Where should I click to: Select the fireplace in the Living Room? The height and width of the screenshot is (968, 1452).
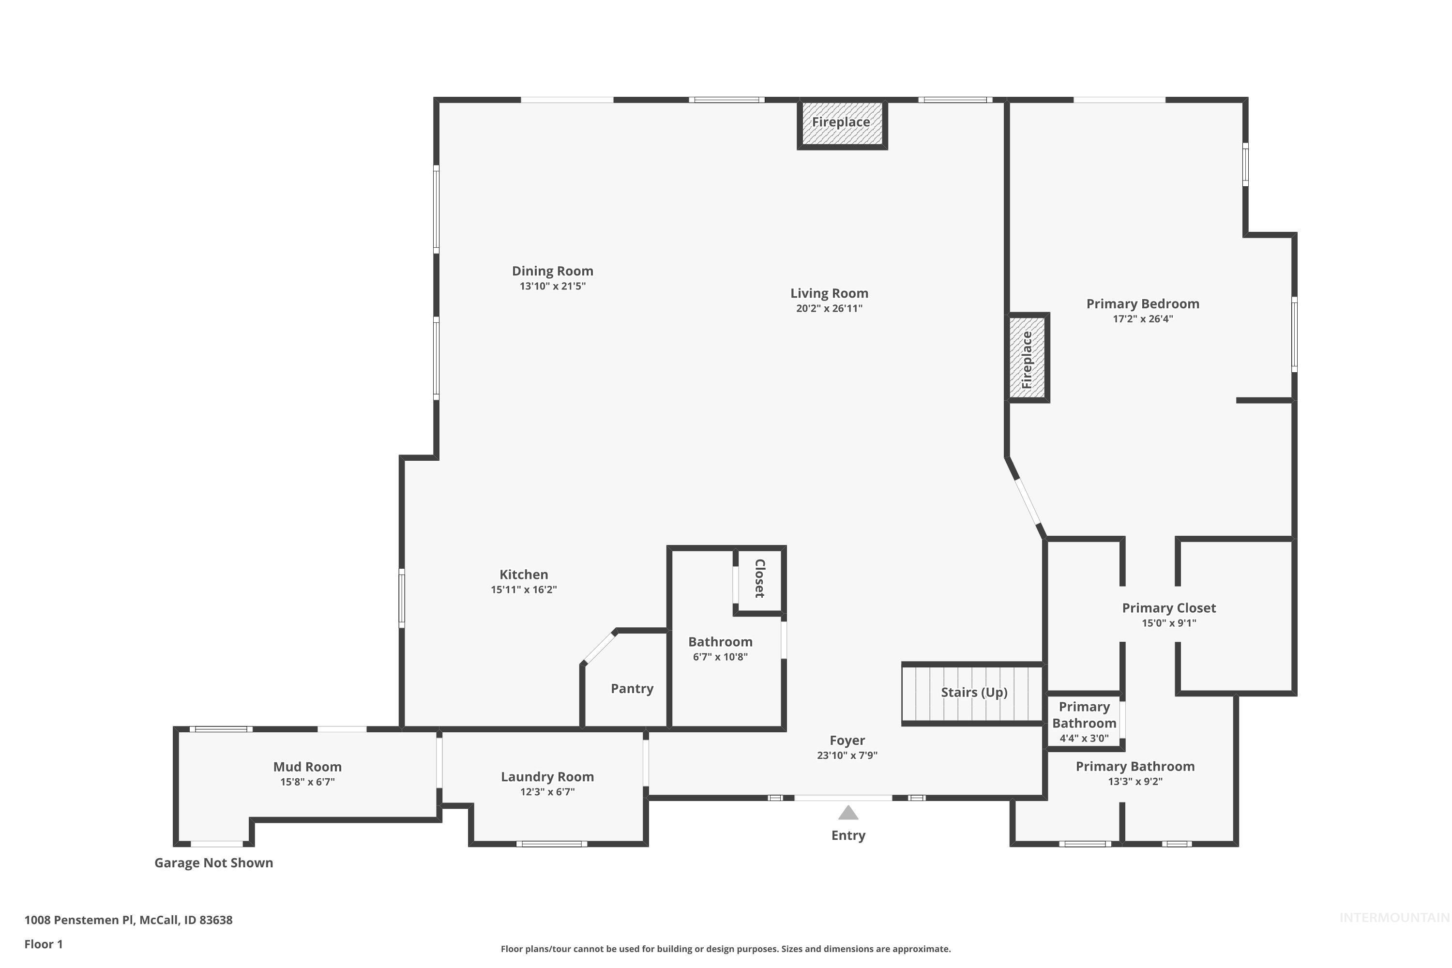click(842, 123)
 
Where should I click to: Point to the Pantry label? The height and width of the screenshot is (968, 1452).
click(632, 688)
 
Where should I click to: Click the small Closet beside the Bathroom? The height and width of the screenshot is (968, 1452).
click(759, 578)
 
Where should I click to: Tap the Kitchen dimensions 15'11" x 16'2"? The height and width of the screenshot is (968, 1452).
click(524, 590)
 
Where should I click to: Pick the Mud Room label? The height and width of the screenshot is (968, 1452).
click(307, 766)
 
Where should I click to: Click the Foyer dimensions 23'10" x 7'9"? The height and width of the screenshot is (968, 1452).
click(847, 755)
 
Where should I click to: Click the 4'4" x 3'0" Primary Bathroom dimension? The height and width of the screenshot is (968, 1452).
click(1084, 739)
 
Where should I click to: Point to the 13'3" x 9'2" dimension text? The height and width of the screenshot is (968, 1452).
click(1134, 782)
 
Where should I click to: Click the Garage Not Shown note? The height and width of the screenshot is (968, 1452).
click(213, 862)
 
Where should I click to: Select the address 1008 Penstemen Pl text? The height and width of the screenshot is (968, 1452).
click(128, 920)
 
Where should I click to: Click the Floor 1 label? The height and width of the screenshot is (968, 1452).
click(43, 944)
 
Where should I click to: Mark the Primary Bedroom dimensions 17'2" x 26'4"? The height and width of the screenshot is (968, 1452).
click(1142, 319)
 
